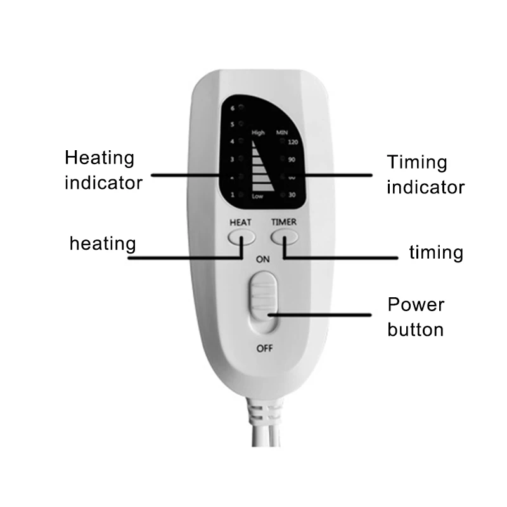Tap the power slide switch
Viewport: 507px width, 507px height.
coord(263,304)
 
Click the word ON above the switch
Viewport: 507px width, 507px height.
coord(262,259)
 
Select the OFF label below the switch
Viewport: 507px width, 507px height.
coord(263,347)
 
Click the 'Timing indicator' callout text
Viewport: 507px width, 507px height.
coord(425,174)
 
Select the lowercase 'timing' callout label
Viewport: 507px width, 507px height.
coord(436,252)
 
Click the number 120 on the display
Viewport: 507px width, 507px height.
coord(293,142)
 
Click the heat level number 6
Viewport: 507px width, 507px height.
coord(233,108)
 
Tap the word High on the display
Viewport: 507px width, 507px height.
coord(258,133)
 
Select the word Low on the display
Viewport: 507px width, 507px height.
coord(257,196)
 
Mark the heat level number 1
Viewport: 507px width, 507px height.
coord(233,195)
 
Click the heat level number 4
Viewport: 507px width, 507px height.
coord(233,142)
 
